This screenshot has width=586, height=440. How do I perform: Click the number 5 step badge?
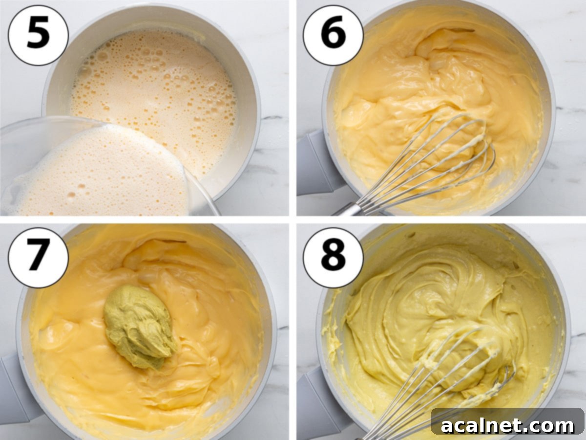(38, 35)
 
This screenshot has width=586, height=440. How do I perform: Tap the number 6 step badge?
(333, 35)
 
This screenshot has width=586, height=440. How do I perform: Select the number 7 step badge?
(38, 257)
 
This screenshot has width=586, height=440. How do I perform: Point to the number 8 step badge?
(333, 257)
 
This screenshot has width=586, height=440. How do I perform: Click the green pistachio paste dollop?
(139, 325)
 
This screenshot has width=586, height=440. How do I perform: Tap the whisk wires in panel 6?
(439, 156)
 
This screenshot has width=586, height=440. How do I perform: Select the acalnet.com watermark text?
(508, 425)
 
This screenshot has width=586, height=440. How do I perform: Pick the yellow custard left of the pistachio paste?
(68, 332)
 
